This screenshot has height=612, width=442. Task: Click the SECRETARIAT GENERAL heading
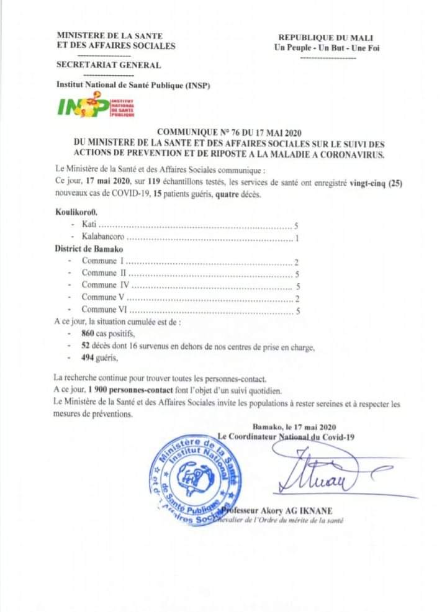109,65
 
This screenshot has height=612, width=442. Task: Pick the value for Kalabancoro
297,238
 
